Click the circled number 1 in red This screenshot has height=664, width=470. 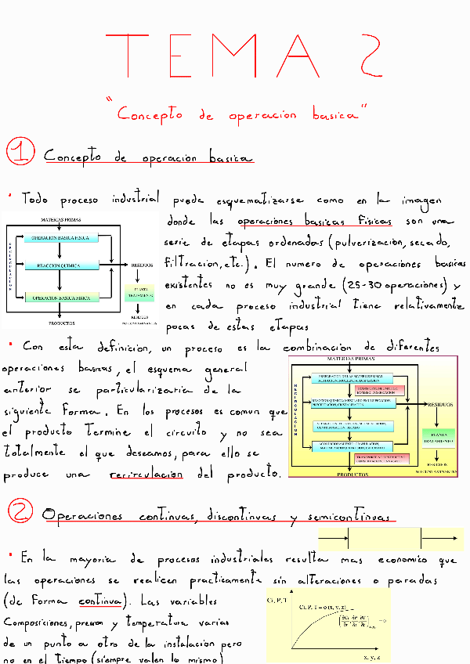17,153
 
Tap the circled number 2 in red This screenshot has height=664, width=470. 18,513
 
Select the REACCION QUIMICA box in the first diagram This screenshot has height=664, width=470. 60,266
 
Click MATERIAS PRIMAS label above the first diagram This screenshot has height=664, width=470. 61,221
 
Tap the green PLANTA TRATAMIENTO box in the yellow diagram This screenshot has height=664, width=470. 436,436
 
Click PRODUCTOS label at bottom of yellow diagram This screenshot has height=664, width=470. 351,475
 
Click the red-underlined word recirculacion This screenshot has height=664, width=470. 147,475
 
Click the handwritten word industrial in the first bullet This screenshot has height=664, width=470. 136,200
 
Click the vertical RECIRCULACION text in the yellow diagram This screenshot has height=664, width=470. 296,411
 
